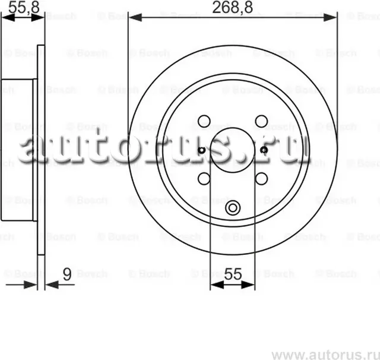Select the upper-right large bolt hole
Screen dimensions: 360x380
[261, 121]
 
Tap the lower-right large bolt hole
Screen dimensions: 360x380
[261, 178]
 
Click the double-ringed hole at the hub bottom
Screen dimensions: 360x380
[233, 208]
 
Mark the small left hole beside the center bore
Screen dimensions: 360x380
[202, 150]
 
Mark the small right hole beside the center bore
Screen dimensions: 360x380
[264, 150]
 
